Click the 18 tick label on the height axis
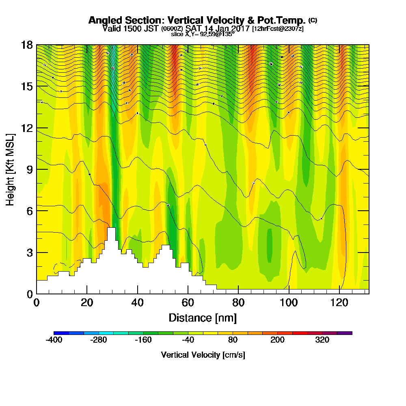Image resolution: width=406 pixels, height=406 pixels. point(27,45)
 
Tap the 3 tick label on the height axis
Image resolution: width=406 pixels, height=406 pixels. point(29,253)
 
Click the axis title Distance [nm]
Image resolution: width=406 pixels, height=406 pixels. point(203,317)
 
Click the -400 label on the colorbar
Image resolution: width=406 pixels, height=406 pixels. point(54,340)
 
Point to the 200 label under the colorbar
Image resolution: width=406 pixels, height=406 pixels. point(277,340)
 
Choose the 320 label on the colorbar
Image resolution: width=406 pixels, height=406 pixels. point(322,340)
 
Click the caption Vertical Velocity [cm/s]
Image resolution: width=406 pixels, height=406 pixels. point(203,355)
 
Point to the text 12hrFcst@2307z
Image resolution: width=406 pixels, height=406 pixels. point(278,29)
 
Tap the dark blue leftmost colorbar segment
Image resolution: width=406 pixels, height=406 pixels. point(61,333)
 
